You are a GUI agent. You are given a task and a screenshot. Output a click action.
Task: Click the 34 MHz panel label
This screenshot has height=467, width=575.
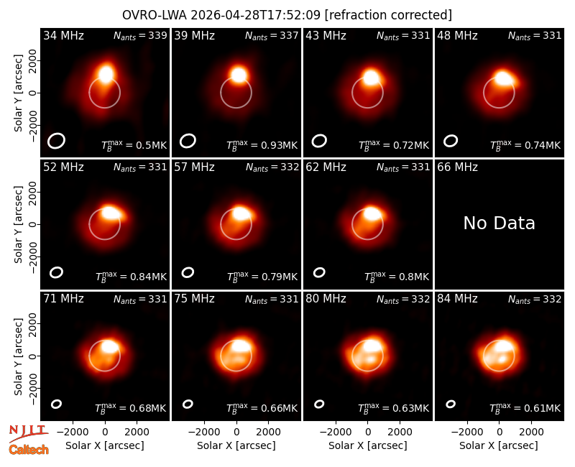coord(63,35)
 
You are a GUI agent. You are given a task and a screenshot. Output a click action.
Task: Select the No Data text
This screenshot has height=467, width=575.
coord(499,223)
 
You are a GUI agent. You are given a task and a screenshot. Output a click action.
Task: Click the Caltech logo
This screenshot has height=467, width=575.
coord(29,449)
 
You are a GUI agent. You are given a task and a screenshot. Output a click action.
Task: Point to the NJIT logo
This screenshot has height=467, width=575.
coord(28,433)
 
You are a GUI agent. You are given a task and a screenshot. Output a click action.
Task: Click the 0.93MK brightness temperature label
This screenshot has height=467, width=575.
coord(262,145)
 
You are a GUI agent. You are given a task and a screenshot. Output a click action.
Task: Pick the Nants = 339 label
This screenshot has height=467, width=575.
coord(140,35)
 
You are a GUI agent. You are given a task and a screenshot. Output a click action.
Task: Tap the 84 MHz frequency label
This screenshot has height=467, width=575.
coord(457,299)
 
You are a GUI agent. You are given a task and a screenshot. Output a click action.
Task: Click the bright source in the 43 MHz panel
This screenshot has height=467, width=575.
coord(371,78)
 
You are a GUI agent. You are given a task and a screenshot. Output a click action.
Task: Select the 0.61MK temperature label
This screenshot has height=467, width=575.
coord(525,408)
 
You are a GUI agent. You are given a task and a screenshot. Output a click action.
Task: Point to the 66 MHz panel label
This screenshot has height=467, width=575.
coord(457,167)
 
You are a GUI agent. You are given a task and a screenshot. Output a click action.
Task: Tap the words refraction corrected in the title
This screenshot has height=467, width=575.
coord(389,15)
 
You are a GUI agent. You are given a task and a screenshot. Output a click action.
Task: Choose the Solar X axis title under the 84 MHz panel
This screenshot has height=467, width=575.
coord(499,445)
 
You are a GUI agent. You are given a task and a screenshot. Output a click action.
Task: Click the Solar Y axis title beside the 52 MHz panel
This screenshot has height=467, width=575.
coord(18,224)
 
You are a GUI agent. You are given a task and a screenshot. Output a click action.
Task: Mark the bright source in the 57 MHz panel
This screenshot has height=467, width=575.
coord(241,213)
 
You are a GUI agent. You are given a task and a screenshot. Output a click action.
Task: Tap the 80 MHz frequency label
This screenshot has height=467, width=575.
coord(326,299)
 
